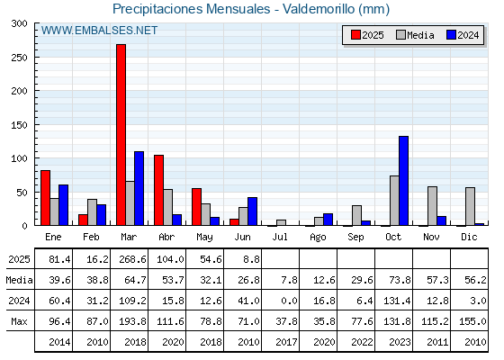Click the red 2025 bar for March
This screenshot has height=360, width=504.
[x=121, y=135]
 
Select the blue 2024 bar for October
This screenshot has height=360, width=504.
[x=404, y=181]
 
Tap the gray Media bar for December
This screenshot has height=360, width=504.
[x=470, y=206]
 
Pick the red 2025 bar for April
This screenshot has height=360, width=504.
[x=158, y=190]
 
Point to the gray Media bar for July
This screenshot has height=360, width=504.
[x=281, y=222]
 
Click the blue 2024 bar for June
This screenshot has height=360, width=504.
[x=253, y=211]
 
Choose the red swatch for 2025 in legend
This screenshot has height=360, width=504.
[x=355, y=35]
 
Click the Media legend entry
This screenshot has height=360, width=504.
[x=415, y=35]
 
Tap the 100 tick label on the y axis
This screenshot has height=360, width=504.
[x=19, y=158]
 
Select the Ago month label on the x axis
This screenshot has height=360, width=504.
[x=318, y=238]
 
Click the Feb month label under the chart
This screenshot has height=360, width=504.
[x=91, y=237]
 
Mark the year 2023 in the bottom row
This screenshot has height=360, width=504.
[x=400, y=342]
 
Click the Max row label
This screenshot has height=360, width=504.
[x=19, y=321]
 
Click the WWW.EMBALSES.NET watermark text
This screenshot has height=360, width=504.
[x=99, y=31]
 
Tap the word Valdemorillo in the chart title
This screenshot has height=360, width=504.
[x=319, y=9]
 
